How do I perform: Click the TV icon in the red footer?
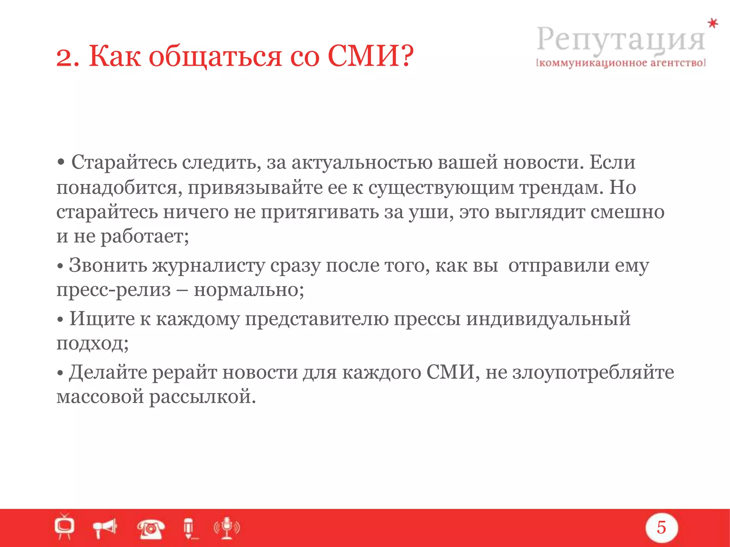pyautogui.click(x=65, y=526)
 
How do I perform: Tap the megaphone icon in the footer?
pyautogui.click(x=105, y=527)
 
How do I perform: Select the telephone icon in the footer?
pyautogui.click(x=151, y=528)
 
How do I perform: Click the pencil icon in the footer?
pyautogui.click(x=189, y=528)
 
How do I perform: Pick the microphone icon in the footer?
pyautogui.click(x=227, y=527)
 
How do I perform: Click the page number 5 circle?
pyautogui.click(x=661, y=527)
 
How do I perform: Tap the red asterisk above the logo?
pyautogui.click(x=713, y=24)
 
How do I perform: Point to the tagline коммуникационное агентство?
pyautogui.click(x=621, y=63)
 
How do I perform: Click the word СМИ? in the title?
pyautogui.click(x=370, y=56)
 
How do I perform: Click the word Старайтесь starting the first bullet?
pyautogui.click(x=124, y=162)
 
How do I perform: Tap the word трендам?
pyautogui.click(x=561, y=187)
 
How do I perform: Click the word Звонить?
pyautogui.click(x=108, y=265)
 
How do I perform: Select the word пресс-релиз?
pyautogui.click(x=114, y=290)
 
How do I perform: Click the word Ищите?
pyautogui.click(x=102, y=318)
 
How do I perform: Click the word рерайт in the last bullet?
pyautogui.click(x=184, y=373)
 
